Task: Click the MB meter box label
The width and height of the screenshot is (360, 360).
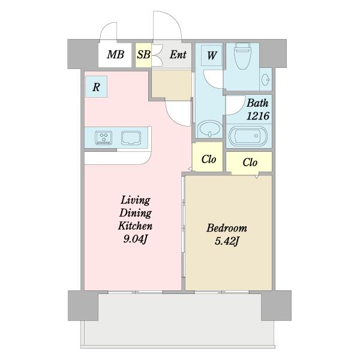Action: point(115,55)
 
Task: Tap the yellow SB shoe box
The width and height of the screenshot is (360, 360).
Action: point(143,55)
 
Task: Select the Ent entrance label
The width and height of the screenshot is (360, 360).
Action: point(178,55)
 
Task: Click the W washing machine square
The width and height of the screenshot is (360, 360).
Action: point(212,55)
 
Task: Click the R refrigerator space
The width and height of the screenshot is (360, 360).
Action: point(96,87)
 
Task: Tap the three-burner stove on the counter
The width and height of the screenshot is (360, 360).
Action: point(104,138)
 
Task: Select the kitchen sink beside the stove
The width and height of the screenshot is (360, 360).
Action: point(131,138)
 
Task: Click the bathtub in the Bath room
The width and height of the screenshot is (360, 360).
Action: point(248,136)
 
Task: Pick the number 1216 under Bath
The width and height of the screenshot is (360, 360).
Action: point(257,116)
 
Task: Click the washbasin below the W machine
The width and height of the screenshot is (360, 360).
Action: point(210,129)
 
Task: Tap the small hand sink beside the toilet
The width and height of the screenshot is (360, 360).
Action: point(265,79)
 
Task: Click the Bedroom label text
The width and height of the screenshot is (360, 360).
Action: point(227,228)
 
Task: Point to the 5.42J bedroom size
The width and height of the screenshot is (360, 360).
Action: point(227,241)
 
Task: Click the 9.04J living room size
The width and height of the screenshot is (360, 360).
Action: point(135,239)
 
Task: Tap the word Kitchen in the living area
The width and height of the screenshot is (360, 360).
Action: point(135,226)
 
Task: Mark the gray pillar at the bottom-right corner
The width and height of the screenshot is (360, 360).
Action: point(276,305)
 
